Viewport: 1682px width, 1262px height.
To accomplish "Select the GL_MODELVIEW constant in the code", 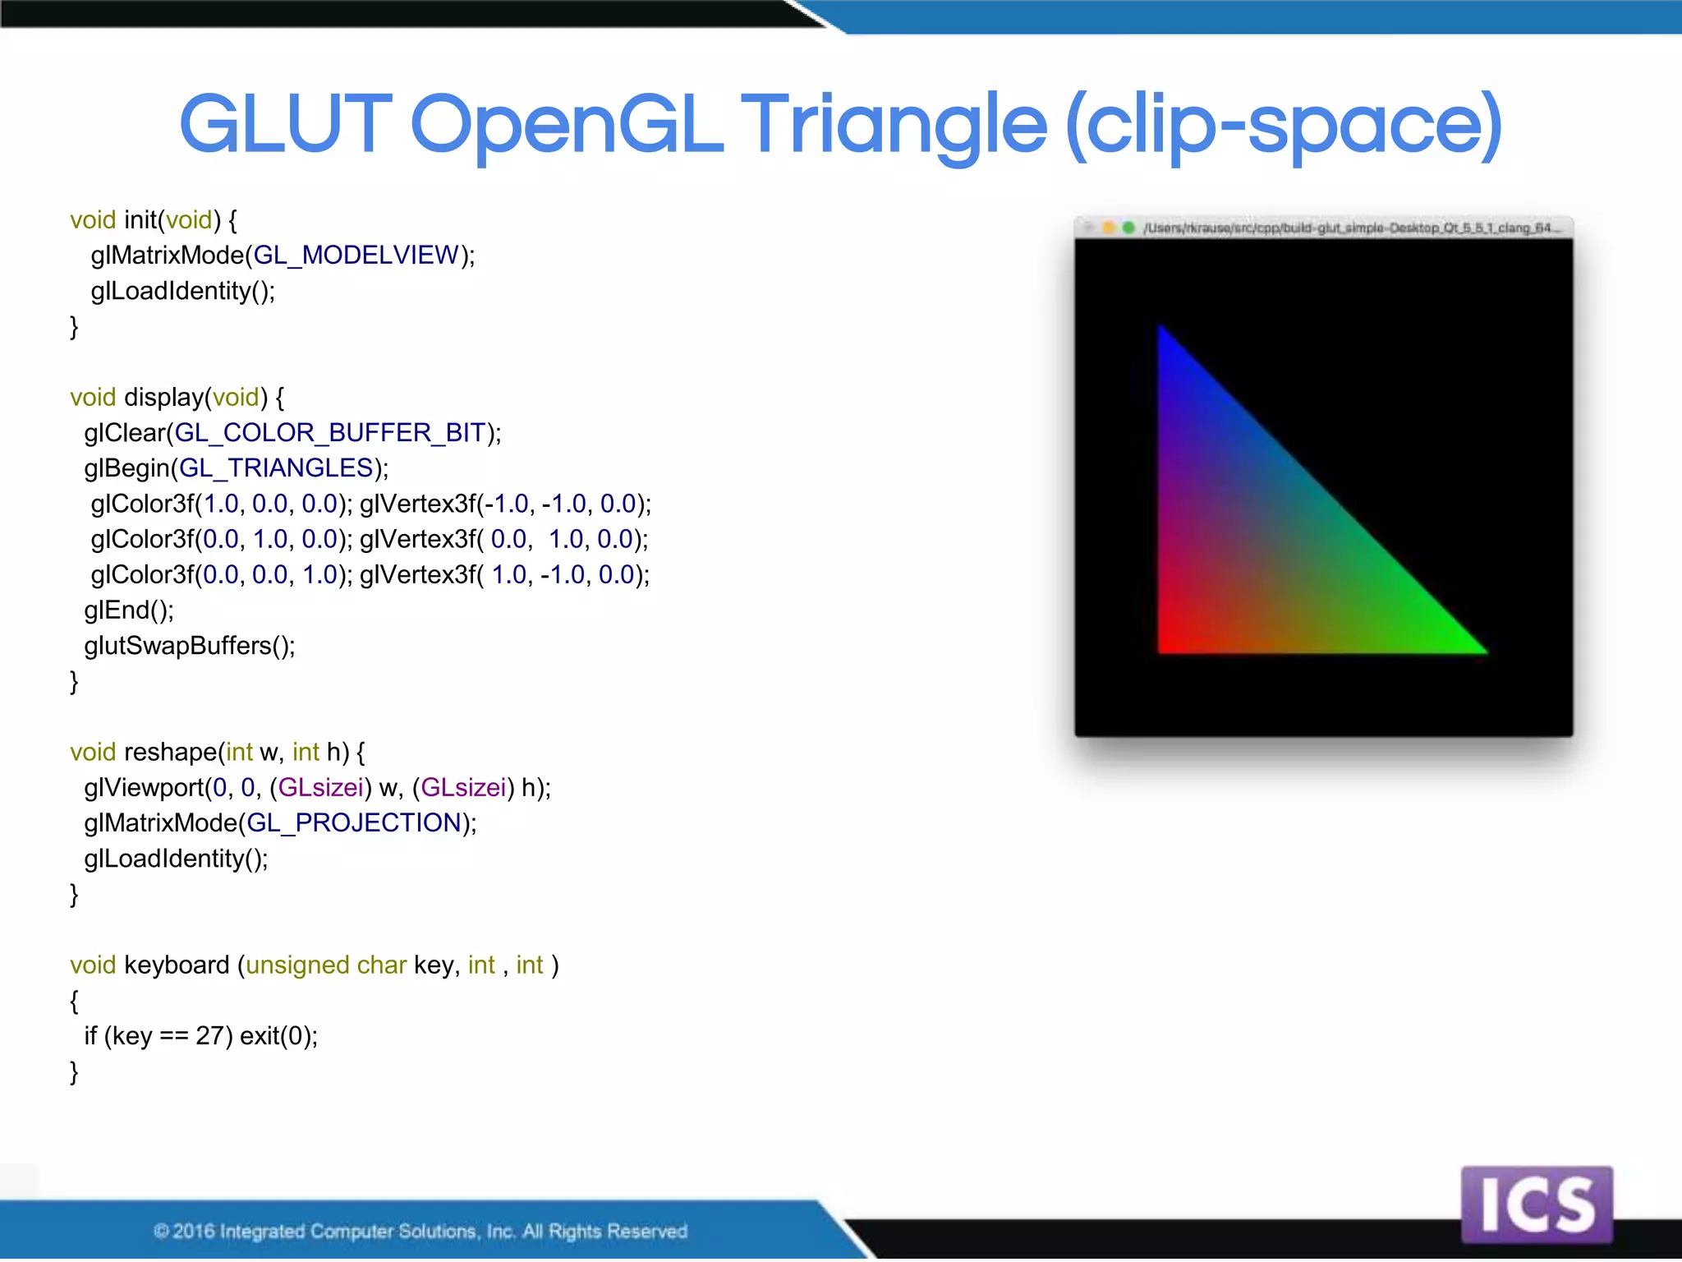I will pyautogui.click(x=356, y=256).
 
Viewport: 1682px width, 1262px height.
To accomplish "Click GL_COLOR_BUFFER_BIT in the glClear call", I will pyautogui.click(x=330, y=433).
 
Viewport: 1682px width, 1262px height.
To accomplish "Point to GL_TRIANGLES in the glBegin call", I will pyautogui.click(x=277, y=468).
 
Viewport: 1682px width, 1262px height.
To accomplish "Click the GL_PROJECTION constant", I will pyautogui.click(x=354, y=823).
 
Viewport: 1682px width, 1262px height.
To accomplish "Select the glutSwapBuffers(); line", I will pyautogui.click(x=189, y=646).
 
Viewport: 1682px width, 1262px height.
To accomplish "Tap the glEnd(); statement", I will pyautogui.click(x=129, y=610).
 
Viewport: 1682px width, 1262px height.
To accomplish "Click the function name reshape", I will pyautogui.click(x=170, y=753).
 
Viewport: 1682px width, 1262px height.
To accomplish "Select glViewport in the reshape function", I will pyautogui.click(x=144, y=788).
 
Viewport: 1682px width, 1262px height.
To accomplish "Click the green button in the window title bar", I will pyautogui.click(x=1128, y=228).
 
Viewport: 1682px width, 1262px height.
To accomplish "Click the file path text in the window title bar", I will pyautogui.click(x=1347, y=228).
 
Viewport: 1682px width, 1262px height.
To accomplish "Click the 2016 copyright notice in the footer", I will pyautogui.click(x=420, y=1231).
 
